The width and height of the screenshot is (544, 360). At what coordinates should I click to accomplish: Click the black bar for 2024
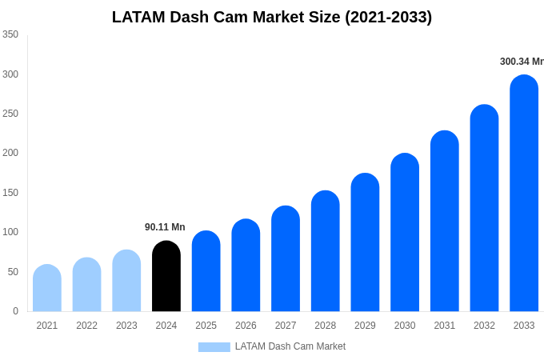(166, 276)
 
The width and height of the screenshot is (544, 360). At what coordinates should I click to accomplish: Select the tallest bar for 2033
(524, 194)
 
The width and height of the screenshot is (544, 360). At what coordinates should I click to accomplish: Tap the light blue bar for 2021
(47, 288)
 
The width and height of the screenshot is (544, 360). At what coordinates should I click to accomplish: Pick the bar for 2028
(326, 251)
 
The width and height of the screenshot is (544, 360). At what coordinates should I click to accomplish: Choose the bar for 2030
(405, 233)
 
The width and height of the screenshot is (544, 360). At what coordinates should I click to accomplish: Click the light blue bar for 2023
(126, 281)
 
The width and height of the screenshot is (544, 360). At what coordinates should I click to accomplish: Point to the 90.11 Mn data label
(165, 227)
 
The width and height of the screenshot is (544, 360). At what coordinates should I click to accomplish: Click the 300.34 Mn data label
(521, 62)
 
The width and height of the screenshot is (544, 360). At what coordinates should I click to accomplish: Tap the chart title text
(272, 17)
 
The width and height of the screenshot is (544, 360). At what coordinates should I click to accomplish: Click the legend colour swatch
(214, 347)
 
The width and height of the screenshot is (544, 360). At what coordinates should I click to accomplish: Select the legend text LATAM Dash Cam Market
(290, 346)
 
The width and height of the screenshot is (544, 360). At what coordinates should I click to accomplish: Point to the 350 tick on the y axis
(10, 34)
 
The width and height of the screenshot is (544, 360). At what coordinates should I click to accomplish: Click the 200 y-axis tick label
(10, 153)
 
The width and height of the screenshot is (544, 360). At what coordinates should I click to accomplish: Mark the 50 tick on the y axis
(13, 272)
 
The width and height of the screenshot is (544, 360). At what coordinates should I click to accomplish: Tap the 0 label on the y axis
(15, 311)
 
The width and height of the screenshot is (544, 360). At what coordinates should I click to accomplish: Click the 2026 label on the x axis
(246, 326)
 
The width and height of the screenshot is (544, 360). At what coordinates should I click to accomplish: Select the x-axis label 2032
(484, 326)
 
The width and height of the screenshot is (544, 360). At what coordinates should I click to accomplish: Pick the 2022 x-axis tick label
(86, 326)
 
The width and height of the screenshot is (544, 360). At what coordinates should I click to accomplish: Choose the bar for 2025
(206, 271)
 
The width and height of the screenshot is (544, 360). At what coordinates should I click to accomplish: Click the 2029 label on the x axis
(365, 326)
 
